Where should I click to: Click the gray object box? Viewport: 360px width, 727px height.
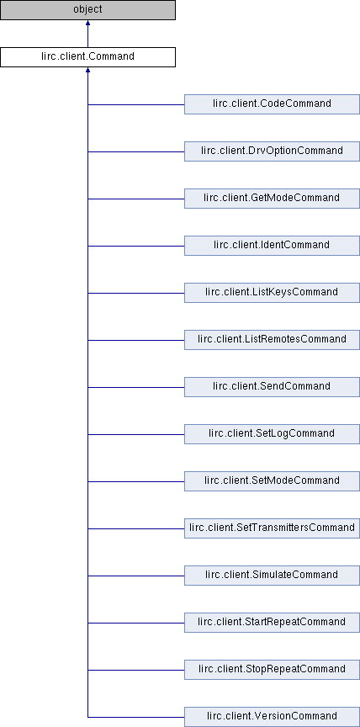87,10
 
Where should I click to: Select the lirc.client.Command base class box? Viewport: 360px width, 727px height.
87,57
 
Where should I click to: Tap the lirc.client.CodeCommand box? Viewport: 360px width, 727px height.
272,104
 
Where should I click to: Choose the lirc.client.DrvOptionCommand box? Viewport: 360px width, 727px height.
272,151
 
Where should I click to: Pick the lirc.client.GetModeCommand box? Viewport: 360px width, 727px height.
272,199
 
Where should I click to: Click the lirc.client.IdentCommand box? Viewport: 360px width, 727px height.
272,246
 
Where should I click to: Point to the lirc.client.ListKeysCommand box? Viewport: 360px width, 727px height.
272,293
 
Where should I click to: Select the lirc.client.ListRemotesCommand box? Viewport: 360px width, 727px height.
272,340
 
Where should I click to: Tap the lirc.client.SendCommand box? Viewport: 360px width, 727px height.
272,387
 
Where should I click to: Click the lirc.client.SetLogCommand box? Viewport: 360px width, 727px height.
272,434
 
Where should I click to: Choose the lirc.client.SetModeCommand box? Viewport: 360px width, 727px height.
272,481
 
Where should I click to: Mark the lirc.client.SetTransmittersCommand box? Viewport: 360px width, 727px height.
272,528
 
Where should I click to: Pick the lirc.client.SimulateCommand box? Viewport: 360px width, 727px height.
272,576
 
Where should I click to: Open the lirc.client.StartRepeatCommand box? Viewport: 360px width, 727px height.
272,623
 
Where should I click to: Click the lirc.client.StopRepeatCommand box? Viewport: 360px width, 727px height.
272,670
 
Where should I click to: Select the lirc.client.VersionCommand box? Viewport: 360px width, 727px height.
272,717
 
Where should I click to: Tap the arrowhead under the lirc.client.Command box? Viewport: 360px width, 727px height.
87,71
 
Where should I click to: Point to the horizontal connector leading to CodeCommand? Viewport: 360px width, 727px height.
136,105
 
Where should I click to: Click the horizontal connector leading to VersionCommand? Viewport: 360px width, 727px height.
136,717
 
